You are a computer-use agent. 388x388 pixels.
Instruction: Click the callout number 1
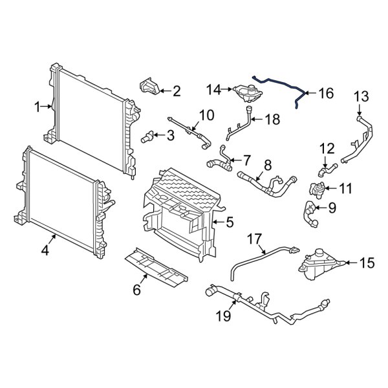38,105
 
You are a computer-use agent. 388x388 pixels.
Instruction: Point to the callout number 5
229,223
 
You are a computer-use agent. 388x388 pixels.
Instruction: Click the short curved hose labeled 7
218,161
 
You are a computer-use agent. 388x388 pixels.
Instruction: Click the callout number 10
206,116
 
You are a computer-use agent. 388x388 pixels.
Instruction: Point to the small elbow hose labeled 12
327,170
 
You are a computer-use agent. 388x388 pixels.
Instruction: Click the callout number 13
360,96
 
